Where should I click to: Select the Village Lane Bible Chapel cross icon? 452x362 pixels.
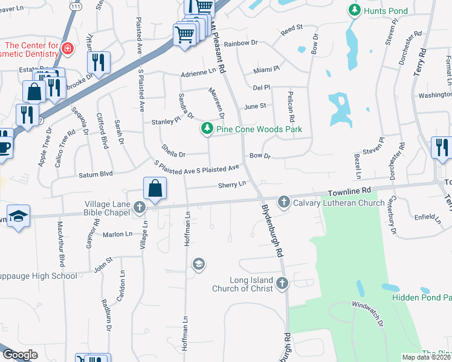coord(140,208)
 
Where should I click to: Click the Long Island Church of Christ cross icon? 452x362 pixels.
coord(282,284)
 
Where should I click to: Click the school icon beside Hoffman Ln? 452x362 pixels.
coord(198,264)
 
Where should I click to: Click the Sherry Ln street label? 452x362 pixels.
coord(232,185)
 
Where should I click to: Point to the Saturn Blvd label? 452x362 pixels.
coord(95,174)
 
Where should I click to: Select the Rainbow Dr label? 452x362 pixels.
coord(241,43)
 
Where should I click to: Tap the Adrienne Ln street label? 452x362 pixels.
coord(198,73)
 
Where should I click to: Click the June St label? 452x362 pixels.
coord(254,106)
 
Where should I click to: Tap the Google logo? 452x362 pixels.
coord(19,355)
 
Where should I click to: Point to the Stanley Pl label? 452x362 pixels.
coord(166,121)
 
